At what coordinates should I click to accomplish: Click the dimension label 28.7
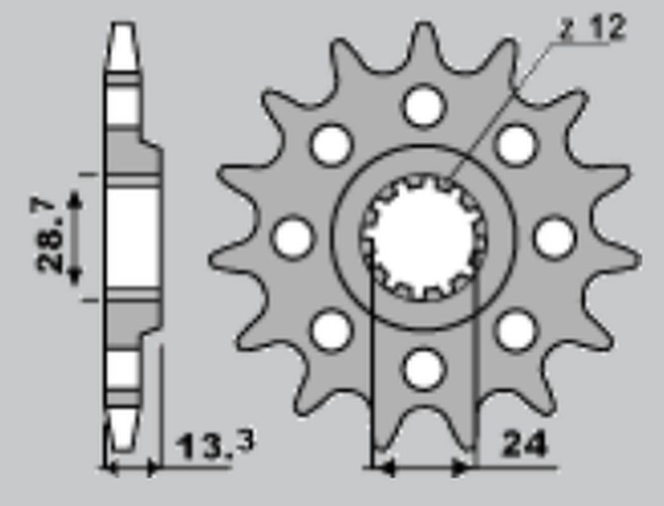51,235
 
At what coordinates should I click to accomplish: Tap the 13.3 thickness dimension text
215,445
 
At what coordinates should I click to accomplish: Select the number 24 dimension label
523,445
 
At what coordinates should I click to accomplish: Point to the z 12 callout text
592,29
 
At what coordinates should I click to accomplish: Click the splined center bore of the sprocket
423,237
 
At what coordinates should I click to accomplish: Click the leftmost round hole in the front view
292,238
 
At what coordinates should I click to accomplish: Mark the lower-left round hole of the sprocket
331,330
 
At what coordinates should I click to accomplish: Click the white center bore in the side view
132,237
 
